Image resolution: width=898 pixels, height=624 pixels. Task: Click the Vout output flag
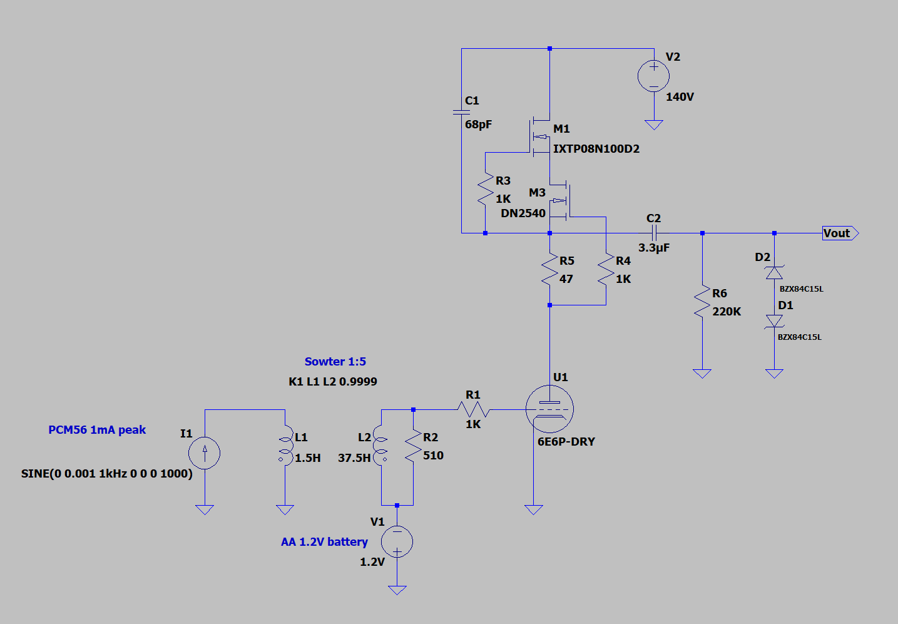(x=840, y=233)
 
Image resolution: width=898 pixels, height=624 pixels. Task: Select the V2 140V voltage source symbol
(x=653, y=76)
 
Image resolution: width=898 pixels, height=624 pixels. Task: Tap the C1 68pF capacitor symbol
(x=461, y=112)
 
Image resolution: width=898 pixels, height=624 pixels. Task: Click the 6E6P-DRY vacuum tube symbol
(x=549, y=409)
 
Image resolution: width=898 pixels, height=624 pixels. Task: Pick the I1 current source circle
(x=205, y=453)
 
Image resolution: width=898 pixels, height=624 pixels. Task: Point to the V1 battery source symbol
(x=397, y=541)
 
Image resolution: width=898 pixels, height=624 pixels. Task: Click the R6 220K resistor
(x=702, y=301)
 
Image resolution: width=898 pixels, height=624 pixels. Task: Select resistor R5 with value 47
(x=549, y=269)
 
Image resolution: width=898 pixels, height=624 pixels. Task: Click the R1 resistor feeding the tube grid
(x=474, y=409)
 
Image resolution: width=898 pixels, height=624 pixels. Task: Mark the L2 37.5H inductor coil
(x=380, y=445)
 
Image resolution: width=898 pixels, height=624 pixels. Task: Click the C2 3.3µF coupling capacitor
(x=654, y=233)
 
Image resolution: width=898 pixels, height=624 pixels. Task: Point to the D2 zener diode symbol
(x=774, y=273)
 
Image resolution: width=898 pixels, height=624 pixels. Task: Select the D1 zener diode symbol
(x=774, y=321)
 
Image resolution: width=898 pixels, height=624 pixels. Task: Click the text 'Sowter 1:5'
(x=335, y=361)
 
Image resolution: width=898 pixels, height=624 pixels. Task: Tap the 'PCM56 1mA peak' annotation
(x=97, y=430)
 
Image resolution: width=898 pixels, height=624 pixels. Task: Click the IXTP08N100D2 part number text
(x=596, y=149)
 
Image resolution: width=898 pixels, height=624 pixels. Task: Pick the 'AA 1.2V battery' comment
(x=324, y=542)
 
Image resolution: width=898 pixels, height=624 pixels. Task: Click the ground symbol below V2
(x=654, y=125)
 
